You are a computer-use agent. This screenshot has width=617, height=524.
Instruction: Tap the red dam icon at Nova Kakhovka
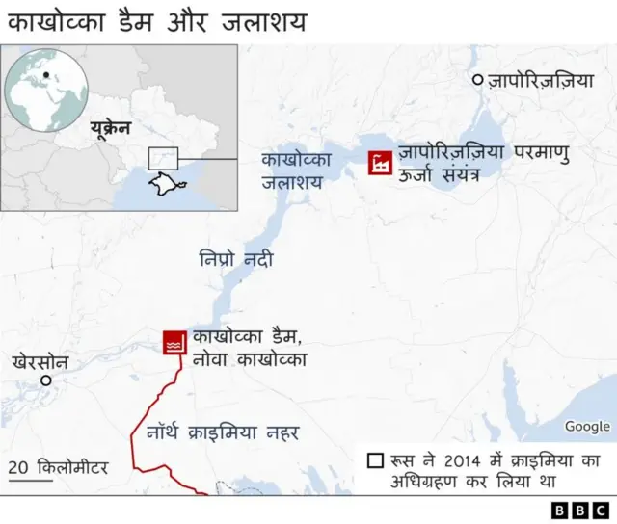(174, 344)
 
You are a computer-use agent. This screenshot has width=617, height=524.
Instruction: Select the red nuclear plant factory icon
(381, 162)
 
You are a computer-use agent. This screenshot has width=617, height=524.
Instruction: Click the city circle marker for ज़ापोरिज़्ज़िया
(476, 81)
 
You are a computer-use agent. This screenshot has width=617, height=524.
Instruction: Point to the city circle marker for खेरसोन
(45, 380)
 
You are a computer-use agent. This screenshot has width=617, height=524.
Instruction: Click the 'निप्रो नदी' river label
(236, 259)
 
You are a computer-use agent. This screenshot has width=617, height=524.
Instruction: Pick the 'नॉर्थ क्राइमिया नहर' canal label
(223, 432)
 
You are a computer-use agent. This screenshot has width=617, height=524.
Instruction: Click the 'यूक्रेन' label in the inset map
(109, 127)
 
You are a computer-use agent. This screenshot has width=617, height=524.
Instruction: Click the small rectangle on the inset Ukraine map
(163, 158)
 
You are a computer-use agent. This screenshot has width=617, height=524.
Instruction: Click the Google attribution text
(587, 426)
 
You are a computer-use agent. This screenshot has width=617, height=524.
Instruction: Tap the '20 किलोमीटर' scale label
(58, 468)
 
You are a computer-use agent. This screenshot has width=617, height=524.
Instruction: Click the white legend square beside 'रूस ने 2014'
(374, 460)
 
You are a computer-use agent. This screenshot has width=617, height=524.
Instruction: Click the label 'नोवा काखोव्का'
(249, 360)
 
